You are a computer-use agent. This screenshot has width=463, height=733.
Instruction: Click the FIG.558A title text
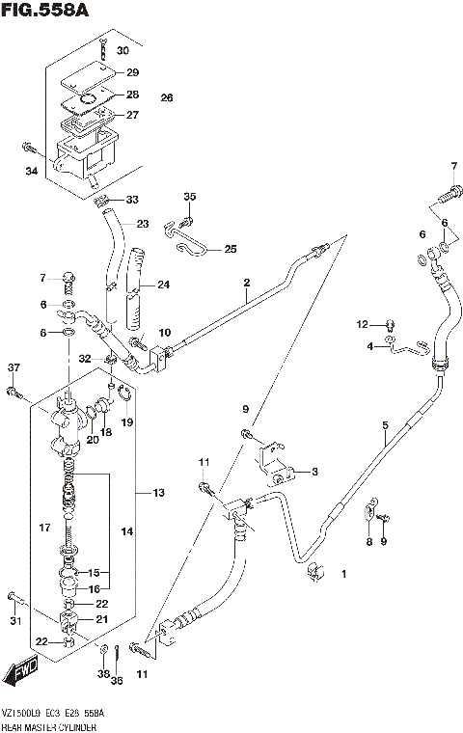(44, 12)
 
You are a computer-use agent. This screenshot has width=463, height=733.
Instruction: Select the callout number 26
(167, 98)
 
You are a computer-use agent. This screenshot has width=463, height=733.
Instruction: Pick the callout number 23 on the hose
(142, 224)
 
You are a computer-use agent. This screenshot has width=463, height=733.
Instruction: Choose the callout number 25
(230, 249)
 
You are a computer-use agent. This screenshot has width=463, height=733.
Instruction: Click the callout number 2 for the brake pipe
(247, 283)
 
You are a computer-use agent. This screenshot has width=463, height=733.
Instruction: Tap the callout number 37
(14, 367)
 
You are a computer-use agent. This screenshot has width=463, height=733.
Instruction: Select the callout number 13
(158, 493)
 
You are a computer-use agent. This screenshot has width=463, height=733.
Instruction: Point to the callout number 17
(42, 527)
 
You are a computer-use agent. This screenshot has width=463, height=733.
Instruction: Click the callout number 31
(14, 620)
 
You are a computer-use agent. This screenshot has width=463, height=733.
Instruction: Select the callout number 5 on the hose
(384, 424)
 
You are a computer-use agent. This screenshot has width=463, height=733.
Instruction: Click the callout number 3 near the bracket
(315, 472)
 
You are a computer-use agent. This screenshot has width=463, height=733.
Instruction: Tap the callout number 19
(126, 421)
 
